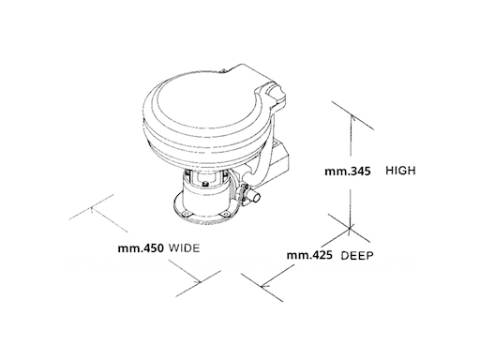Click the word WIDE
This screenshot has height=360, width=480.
pos(184,248)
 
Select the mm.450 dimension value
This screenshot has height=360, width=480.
pos(141,248)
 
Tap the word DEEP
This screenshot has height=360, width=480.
pos(357,256)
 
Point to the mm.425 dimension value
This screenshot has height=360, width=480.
pos(309,255)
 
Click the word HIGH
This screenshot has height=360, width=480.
pos(400,171)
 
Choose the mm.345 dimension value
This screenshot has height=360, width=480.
pos(348,172)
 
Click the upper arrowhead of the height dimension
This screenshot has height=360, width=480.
pos(352,118)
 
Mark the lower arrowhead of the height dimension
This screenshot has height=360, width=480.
pos(351,226)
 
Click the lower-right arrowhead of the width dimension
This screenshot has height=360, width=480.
pos(197,281)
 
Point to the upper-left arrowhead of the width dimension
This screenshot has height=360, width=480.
pos(92,209)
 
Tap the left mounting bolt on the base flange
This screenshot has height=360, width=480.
pos(187,214)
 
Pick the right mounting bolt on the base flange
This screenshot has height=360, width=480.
pos(225,214)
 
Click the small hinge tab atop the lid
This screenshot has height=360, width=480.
pos(223,71)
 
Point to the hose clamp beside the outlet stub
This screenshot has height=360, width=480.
pos(244,194)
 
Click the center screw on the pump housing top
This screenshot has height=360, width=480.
pos(205,185)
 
